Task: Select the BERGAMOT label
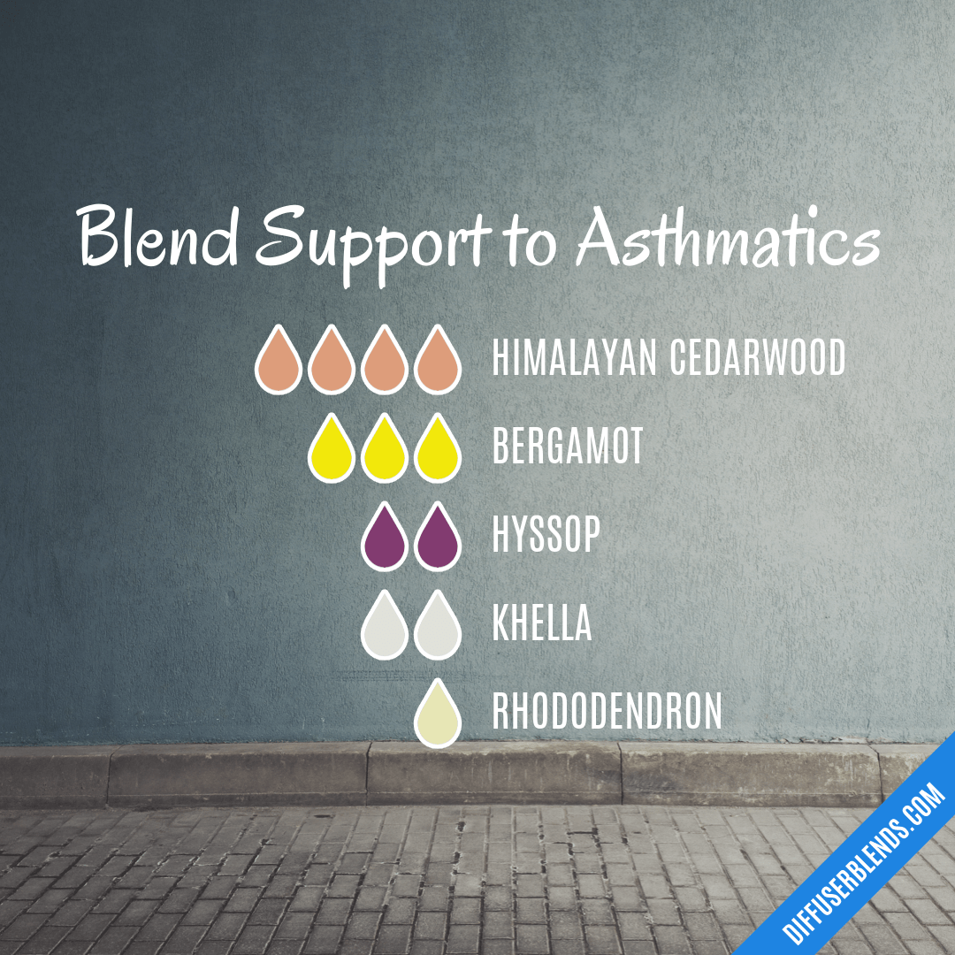click(x=568, y=447)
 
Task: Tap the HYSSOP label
click(x=546, y=535)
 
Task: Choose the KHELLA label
click(x=541, y=624)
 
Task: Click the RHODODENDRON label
click(x=607, y=713)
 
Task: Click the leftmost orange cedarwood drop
click(x=279, y=362)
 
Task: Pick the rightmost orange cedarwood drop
click(x=438, y=362)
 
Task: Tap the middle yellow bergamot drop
click(x=385, y=450)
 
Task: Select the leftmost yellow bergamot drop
click(x=332, y=450)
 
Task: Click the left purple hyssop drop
click(x=385, y=539)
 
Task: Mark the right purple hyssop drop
click(x=438, y=539)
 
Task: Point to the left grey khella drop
click(x=385, y=628)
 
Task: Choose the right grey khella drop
click(x=438, y=628)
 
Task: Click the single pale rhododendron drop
click(x=438, y=716)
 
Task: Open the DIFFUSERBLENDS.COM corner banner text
click(x=865, y=861)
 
